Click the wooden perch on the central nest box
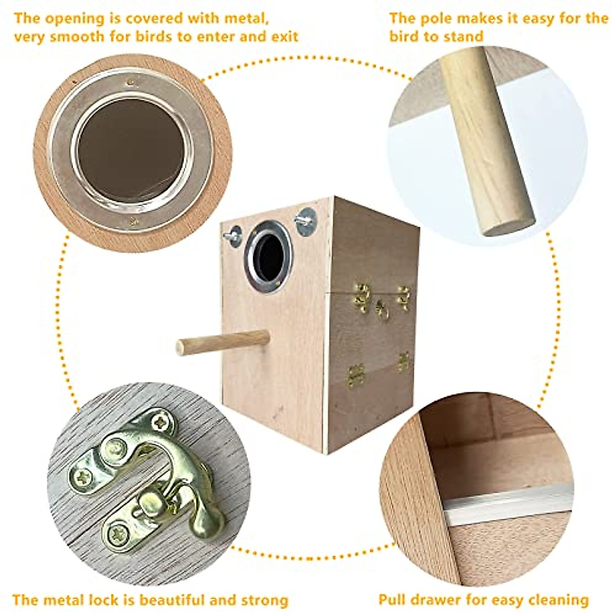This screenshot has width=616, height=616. [223, 342]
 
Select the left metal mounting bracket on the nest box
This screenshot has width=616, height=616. [234, 236]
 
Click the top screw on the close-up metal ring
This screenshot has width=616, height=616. [131, 81]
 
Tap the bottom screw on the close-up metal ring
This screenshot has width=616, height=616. [133, 222]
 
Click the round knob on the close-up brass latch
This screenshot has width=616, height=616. [149, 500]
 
